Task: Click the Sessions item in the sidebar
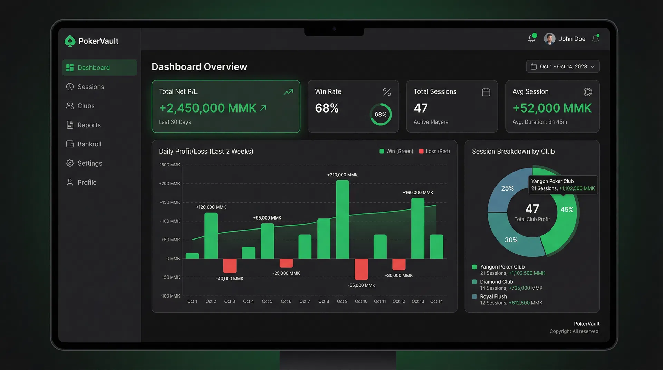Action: (x=90, y=87)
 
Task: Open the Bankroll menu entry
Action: (x=89, y=144)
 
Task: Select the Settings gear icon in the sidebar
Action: (x=70, y=163)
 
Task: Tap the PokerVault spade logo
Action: (x=70, y=41)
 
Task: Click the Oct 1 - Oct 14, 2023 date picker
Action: (x=563, y=66)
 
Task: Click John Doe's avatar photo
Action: (x=549, y=39)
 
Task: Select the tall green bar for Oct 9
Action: (x=342, y=219)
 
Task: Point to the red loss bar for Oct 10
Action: (x=361, y=269)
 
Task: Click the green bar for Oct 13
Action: (x=417, y=228)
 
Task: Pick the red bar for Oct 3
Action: (x=230, y=265)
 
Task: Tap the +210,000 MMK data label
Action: (x=342, y=175)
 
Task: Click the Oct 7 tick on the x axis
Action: (x=305, y=301)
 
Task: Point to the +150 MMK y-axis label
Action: (x=170, y=202)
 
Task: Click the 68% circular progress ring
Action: (x=381, y=114)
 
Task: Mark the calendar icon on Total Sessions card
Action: (x=486, y=92)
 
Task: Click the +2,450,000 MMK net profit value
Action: (x=208, y=108)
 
